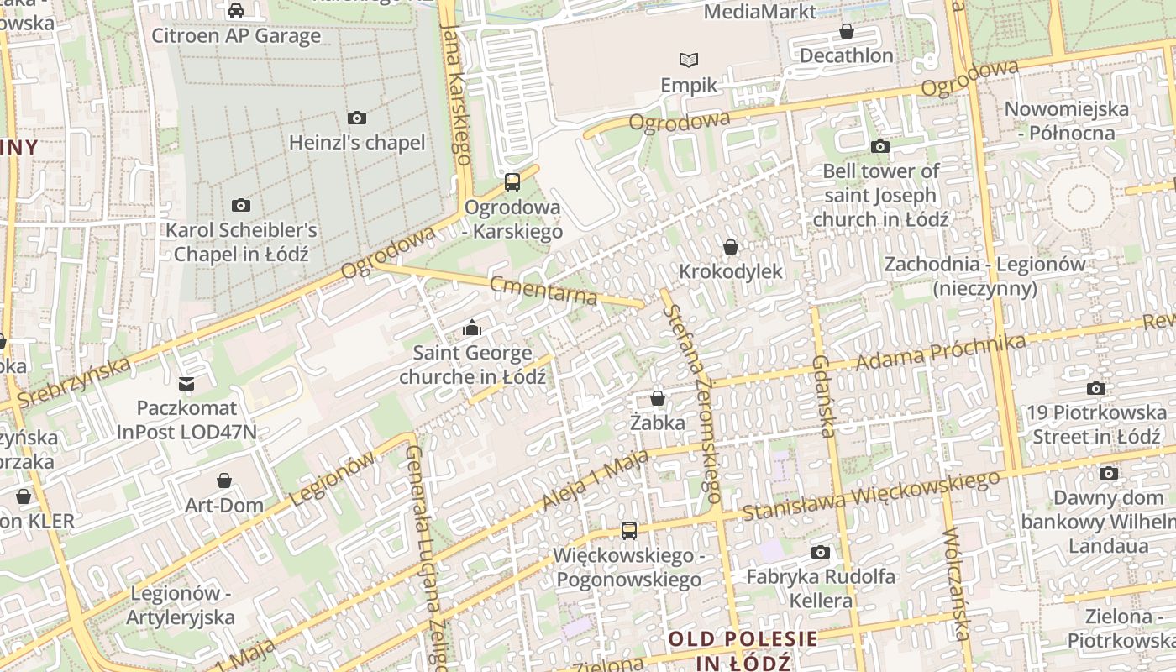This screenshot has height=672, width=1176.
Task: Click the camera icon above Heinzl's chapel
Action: point(357,118)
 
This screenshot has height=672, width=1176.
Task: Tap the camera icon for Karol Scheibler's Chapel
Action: point(241,206)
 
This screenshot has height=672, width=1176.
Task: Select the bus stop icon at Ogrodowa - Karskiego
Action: point(512,182)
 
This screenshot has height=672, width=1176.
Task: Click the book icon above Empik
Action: point(689,60)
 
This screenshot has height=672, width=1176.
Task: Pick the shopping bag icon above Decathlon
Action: point(846,32)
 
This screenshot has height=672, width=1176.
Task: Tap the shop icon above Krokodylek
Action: point(731,247)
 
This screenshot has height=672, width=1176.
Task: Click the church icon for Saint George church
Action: point(472,328)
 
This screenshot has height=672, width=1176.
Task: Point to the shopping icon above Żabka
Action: point(658,398)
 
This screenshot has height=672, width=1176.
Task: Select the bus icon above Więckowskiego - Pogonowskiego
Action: point(628,531)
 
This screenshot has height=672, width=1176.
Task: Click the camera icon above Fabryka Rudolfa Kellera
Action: point(821,553)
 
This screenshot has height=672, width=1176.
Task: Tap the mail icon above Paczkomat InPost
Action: point(186,384)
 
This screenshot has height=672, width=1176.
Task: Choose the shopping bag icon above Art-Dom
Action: point(224,480)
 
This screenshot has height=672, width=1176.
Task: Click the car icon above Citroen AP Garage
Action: point(236,11)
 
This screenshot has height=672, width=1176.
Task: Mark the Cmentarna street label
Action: point(543,290)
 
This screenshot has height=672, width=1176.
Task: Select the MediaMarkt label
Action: point(759,12)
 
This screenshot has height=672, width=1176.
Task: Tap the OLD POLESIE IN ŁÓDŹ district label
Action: point(743,650)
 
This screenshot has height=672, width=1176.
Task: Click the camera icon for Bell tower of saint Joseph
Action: point(880,147)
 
